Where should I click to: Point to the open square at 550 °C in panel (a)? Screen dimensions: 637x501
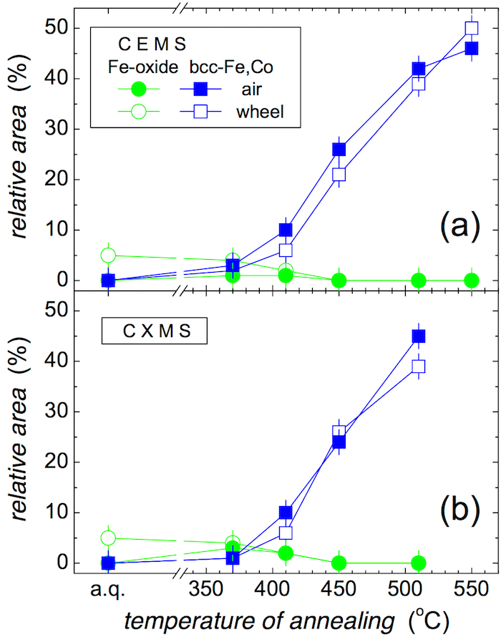click(x=472, y=29)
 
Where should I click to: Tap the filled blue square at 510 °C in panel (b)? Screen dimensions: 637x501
click(x=419, y=336)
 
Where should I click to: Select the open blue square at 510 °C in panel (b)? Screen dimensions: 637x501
click(x=419, y=366)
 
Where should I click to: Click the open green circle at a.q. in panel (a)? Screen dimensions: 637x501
click(x=108, y=255)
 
